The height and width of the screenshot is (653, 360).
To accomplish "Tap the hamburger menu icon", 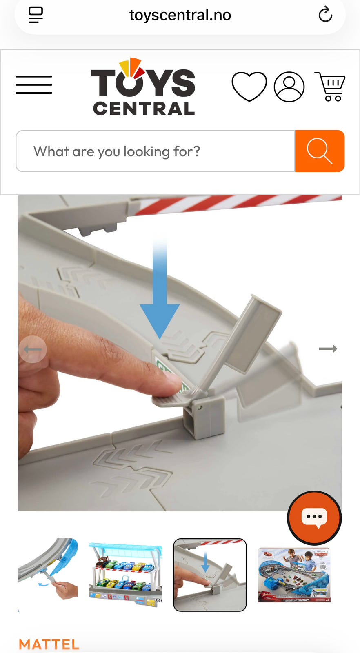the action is (34, 84).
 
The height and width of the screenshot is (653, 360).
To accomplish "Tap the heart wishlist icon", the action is (249, 87).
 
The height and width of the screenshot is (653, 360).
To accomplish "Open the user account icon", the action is (289, 87).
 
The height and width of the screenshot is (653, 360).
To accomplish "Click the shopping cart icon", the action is (330, 87).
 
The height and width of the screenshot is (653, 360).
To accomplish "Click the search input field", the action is (156, 151).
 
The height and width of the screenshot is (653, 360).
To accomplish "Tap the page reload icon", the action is (325, 15).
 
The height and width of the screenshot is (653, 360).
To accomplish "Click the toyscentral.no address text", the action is (180, 15).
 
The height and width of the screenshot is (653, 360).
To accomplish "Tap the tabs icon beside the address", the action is (36, 15).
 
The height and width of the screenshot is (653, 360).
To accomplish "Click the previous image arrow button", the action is (33, 349).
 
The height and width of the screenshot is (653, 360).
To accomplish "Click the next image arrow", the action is (328, 349).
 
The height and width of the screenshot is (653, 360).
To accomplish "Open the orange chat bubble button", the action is (314, 518).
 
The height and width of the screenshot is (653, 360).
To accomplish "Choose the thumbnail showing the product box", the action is (294, 575).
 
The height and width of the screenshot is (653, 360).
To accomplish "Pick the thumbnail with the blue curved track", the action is (48, 569).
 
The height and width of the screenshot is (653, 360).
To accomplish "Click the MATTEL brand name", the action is (49, 644).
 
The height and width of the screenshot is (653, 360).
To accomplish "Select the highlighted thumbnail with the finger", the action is (210, 575).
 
